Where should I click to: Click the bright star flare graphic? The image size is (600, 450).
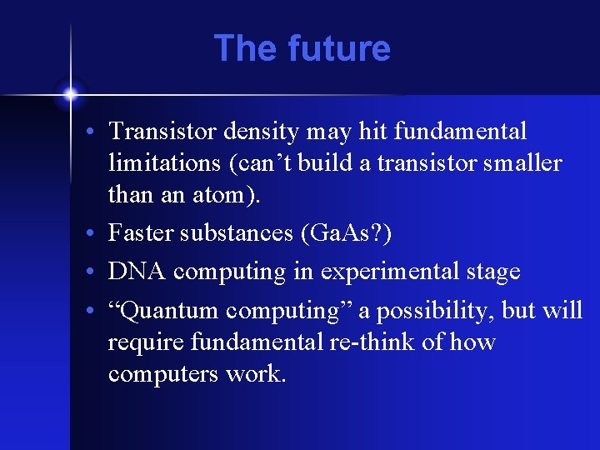click(x=71, y=94)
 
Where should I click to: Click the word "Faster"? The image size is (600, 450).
click(x=142, y=234)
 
